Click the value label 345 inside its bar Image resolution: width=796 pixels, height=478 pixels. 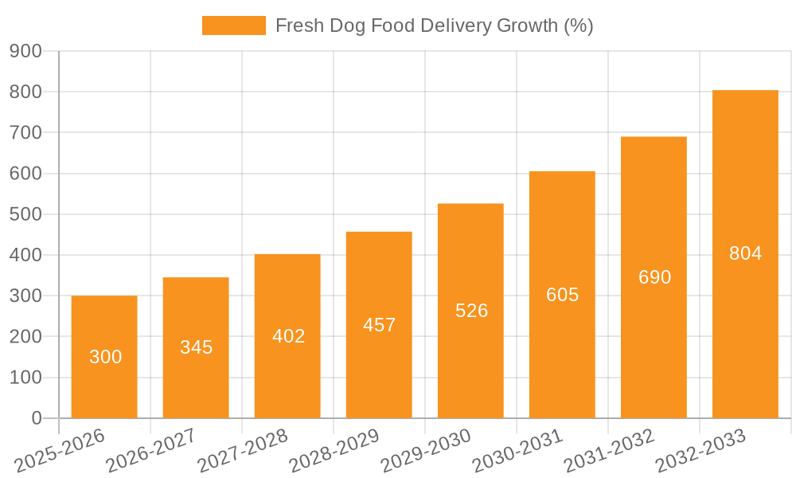197,347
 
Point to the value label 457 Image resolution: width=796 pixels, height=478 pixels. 379,325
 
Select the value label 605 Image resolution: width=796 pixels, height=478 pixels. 563,295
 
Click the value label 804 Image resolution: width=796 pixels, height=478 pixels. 746,253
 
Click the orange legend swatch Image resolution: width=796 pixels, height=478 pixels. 234,25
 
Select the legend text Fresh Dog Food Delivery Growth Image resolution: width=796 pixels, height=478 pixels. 434,25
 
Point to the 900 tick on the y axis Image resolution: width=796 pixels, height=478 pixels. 25,51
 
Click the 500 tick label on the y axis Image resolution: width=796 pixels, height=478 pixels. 25,214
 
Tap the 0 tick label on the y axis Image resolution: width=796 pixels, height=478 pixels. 37,418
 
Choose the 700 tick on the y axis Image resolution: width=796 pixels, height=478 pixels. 25,132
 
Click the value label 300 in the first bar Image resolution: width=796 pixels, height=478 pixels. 106,357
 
